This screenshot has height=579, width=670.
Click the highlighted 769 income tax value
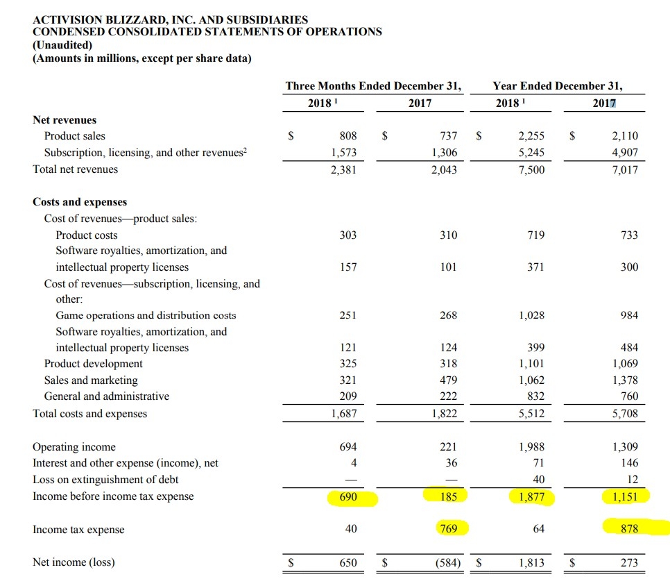pyautogui.click(x=449, y=529)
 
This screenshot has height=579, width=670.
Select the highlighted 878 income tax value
pyautogui.click(x=629, y=529)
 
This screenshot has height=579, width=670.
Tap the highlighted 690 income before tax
pyautogui.click(x=348, y=497)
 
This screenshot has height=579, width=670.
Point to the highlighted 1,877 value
pyautogui.click(x=531, y=497)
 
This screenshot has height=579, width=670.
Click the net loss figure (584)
pyautogui.click(x=448, y=562)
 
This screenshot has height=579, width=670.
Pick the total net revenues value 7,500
pyautogui.click(x=531, y=170)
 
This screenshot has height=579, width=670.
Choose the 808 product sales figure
pyautogui.click(x=348, y=136)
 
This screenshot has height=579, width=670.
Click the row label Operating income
pyautogui.click(x=74, y=447)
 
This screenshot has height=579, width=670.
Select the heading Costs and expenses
pyautogui.click(x=80, y=202)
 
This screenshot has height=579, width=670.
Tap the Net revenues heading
pyautogui.click(x=65, y=120)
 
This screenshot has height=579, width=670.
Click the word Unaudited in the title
pyautogui.click(x=62, y=45)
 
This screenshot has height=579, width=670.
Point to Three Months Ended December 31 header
pyautogui.click(x=373, y=86)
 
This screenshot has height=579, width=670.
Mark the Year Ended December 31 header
pyautogui.click(x=558, y=86)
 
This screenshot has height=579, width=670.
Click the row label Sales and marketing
pyautogui.click(x=91, y=380)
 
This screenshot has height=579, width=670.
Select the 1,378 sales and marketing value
pyautogui.click(x=625, y=380)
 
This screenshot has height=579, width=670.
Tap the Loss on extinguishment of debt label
pyautogui.click(x=105, y=480)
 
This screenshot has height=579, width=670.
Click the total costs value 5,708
pyautogui.click(x=625, y=414)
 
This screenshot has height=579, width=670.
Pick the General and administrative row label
pyautogui.click(x=107, y=396)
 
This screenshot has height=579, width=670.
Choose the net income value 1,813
pyautogui.click(x=531, y=563)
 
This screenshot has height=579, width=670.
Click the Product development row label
pyautogui.click(x=93, y=364)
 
